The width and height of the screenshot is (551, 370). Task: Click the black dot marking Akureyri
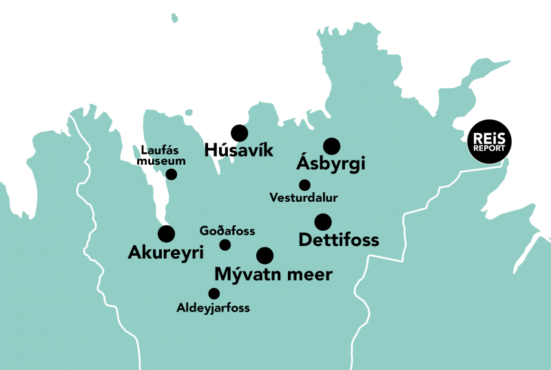[166, 234]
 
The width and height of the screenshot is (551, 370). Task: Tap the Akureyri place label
[166, 253]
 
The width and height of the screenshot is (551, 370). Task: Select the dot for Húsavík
[240, 134]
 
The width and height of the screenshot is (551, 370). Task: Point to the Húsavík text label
[240, 150]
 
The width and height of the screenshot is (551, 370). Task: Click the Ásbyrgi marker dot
[332, 146]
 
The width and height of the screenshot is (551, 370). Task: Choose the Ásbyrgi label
[330, 164]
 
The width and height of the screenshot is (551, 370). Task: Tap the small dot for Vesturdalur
[304, 185]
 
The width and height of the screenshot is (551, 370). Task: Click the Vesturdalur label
[304, 198]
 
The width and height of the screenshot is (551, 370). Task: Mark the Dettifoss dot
[323, 222]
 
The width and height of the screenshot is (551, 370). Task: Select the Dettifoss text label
[339, 240]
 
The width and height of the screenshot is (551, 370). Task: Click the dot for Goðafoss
[225, 245]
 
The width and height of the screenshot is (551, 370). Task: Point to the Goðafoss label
[227, 231]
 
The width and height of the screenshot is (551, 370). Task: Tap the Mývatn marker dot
[264, 256]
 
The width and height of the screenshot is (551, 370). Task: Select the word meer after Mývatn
[310, 274]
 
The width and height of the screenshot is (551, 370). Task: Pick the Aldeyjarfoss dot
[214, 294]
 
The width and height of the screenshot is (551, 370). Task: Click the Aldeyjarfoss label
[213, 308]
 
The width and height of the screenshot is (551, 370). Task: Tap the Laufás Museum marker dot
[171, 174]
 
